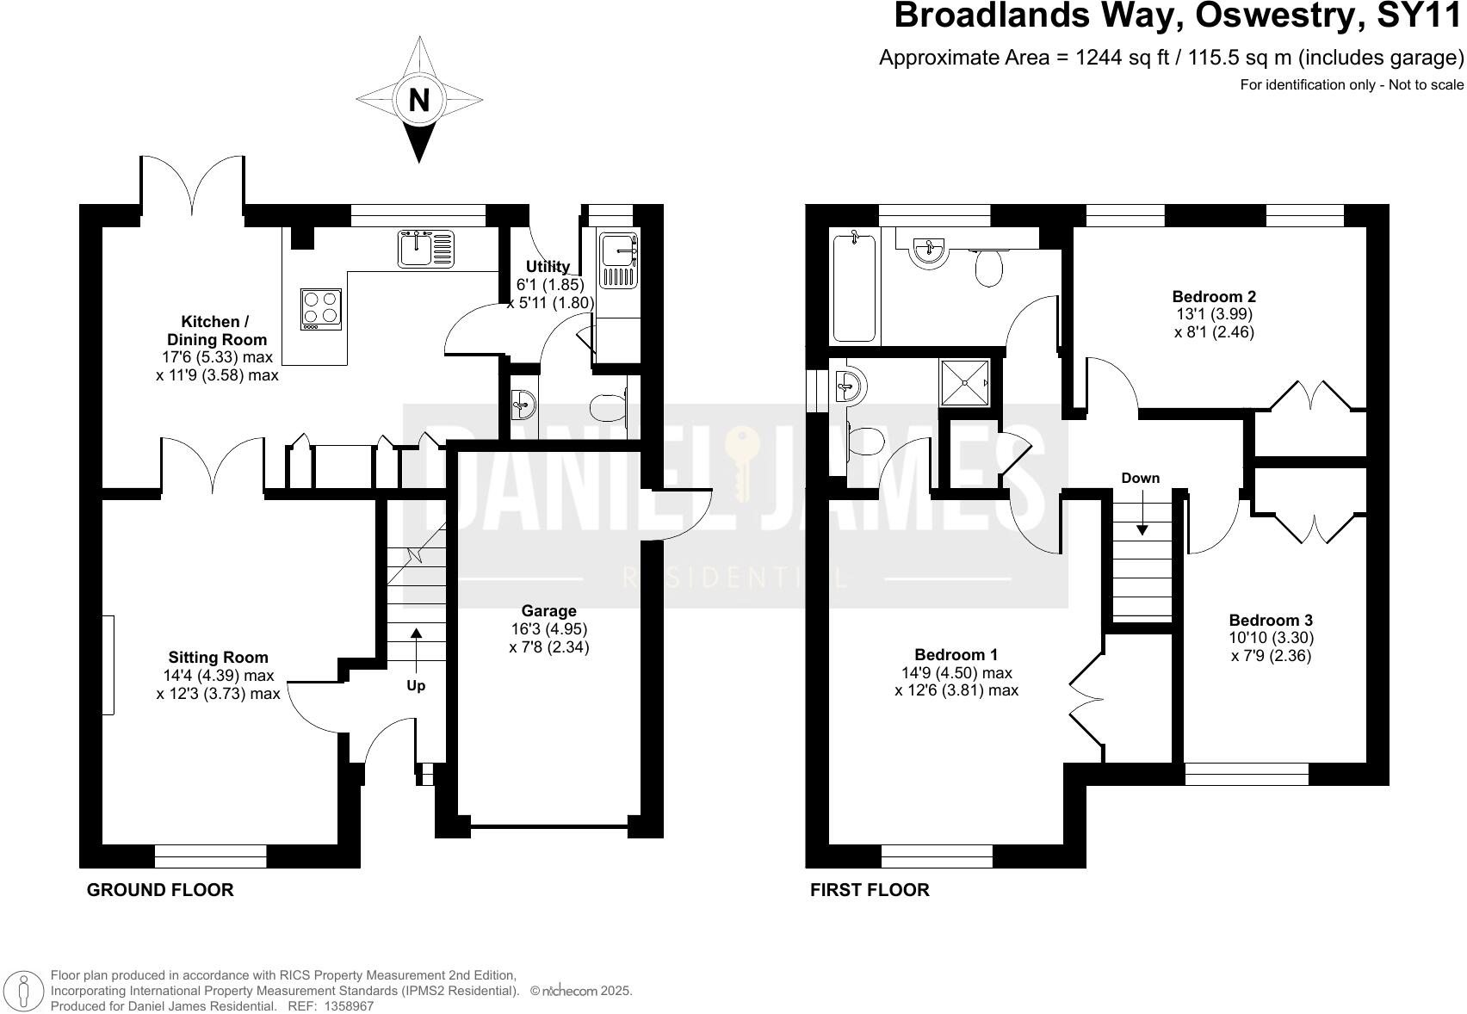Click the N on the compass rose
[x=418, y=102]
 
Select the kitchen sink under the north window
[x=425, y=250]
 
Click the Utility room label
[x=548, y=267]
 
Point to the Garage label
[x=548, y=612]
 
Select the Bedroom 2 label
[x=1214, y=297]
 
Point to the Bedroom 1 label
[x=956, y=655]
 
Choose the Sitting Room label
[x=218, y=658]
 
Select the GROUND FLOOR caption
[x=160, y=890]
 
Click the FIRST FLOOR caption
[x=870, y=890]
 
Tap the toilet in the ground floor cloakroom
[x=610, y=404]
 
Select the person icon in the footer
[x=26, y=991]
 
